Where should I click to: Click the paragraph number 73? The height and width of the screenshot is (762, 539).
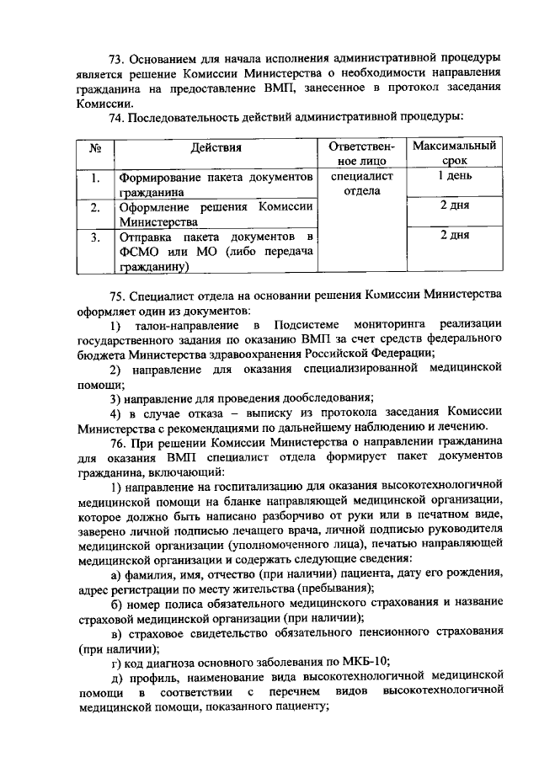[117, 59]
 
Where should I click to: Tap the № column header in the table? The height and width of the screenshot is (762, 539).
[96, 148]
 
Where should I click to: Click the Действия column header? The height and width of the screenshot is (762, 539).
[216, 148]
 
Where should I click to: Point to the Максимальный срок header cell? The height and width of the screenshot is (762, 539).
[454, 153]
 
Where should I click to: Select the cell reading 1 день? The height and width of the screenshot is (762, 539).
[454, 177]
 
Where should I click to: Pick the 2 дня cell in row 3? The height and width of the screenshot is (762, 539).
[454, 237]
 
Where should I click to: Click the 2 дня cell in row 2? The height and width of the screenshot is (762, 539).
[454, 206]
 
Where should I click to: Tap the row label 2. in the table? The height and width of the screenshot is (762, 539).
[96, 207]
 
